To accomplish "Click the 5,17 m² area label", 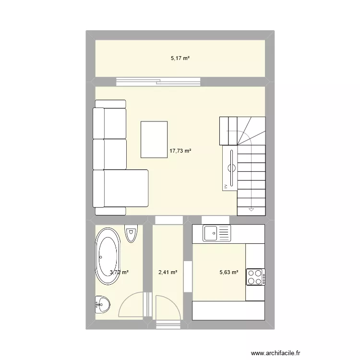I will coord(180,59).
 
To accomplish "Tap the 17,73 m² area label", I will coord(180,151).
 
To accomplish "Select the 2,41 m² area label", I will coord(168,273).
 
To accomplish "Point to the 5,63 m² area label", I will coord(229,273).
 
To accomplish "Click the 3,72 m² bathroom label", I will coord(119,273).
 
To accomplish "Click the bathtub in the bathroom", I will coord(107,256).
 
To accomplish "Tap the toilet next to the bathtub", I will coord(131,234).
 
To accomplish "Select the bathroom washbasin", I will coord(102,303).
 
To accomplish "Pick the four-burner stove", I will coord(255,277).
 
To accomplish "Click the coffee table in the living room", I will coord(154,140).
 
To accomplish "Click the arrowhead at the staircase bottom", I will coord(251,210).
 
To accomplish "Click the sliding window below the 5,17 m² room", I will coord(158,82).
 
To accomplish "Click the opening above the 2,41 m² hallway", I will coord(168,219).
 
